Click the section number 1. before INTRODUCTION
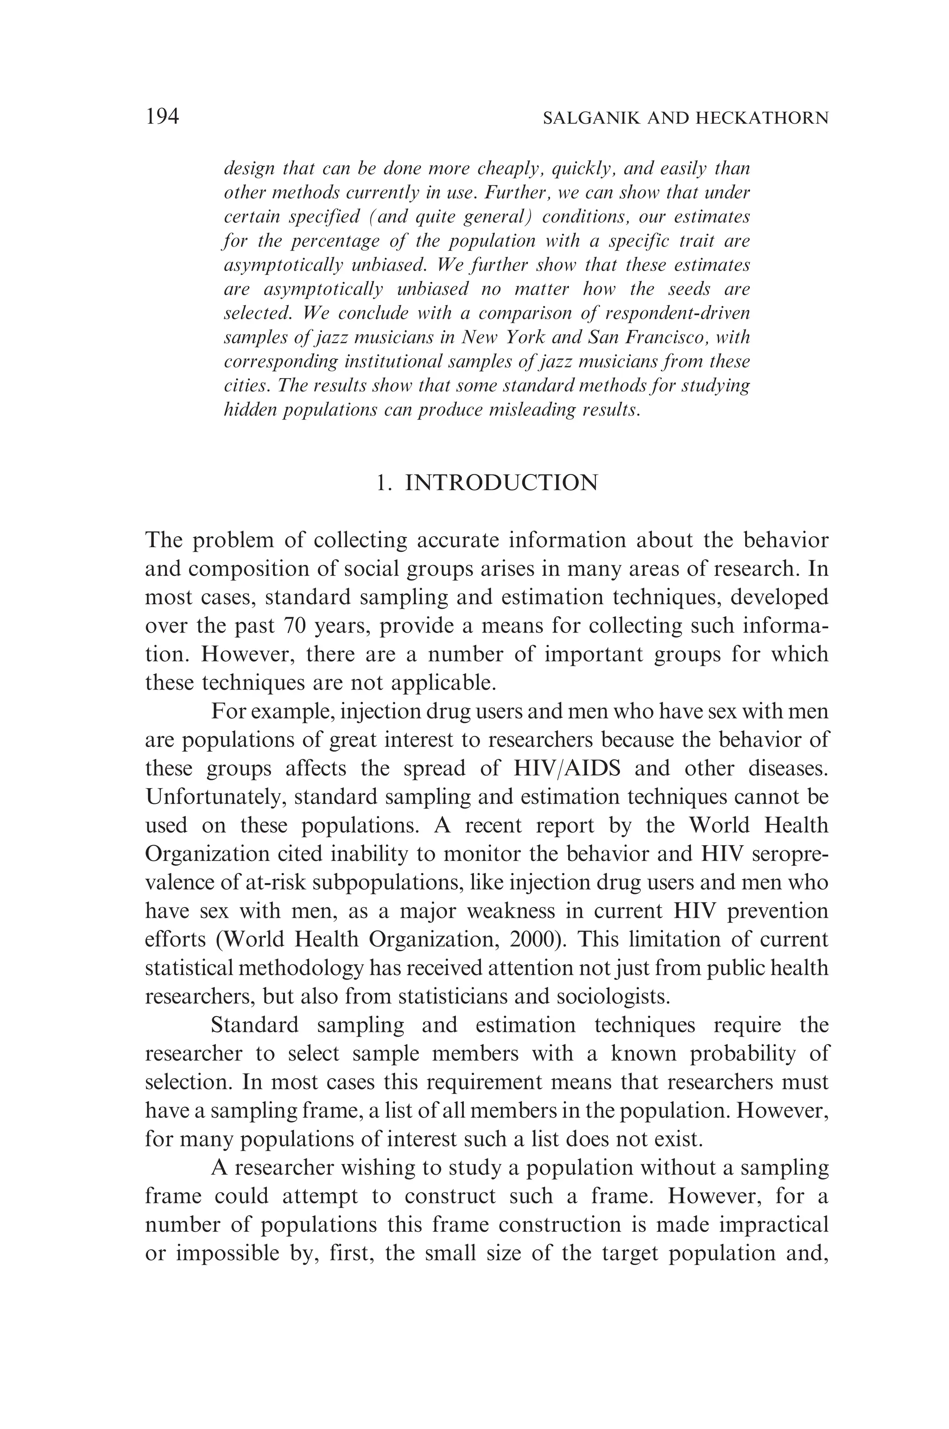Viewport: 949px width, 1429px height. pos(382,483)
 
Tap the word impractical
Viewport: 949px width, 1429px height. pos(773,1224)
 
